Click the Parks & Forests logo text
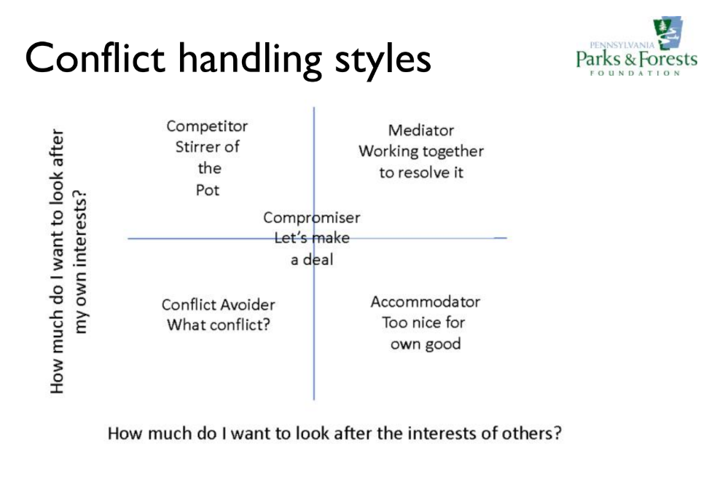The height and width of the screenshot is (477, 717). coord(636,58)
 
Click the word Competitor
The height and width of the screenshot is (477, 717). coord(207,126)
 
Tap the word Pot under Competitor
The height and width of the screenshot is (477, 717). coord(207,190)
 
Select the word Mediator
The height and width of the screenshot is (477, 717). coord(420,130)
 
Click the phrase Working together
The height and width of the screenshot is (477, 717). coord(420,151)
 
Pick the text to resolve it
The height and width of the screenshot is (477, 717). coord(420,173)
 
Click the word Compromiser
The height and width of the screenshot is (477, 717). coord(311,218)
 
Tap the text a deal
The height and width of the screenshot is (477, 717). coord(312,260)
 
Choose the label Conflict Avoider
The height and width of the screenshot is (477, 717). coord(218,305)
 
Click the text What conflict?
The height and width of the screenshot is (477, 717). coord(218,325)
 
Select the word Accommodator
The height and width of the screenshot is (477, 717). coord(425,301)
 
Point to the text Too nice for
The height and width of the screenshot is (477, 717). coord(423,323)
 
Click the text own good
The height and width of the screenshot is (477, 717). coord(425,344)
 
